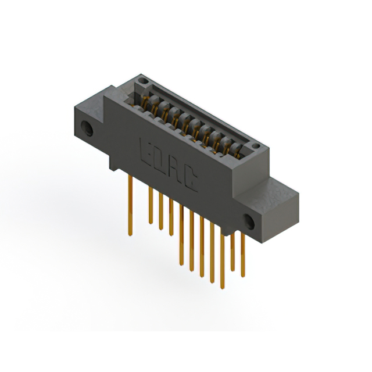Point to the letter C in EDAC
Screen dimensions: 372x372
pyautogui.click(x=192, y=181)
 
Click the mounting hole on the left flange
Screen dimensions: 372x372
pyautogui.click(x=87, y=128)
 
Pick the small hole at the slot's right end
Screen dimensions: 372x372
pyautogui.click(x=254, y=145)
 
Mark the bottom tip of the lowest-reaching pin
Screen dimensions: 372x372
pyautogui.click(x=221, y=287)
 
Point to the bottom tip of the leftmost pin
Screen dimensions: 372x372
pyautogui.click(x=130, y=234)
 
